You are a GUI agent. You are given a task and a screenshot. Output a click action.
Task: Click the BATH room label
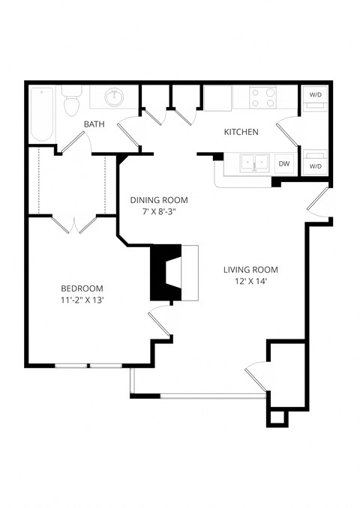[x=94, y=124]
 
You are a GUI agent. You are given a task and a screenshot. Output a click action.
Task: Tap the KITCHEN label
[x=241, y=132]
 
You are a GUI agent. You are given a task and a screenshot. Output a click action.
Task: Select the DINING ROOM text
[x=159, y=200]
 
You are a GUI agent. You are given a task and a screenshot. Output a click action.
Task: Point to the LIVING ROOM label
[x=250, y=270]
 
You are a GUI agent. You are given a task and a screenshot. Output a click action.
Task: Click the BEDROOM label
[x=82, y=288]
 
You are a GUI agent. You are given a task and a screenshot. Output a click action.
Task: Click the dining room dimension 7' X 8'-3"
[x=159, y=211]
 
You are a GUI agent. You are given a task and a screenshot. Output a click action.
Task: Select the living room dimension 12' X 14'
[x=250, y=282]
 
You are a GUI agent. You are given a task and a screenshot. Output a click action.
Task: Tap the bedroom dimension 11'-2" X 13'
[x=82, y=300]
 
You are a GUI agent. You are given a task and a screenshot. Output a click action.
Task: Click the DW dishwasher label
[x=283, y=163]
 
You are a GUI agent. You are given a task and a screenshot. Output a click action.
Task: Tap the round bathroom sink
[x=115, y=97]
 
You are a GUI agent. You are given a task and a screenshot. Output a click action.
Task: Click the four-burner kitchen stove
[x=262, y=97]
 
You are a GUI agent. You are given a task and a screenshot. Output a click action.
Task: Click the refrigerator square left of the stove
[x=217, y=98]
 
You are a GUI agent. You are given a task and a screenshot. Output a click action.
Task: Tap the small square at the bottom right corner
[x=276, y=417]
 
